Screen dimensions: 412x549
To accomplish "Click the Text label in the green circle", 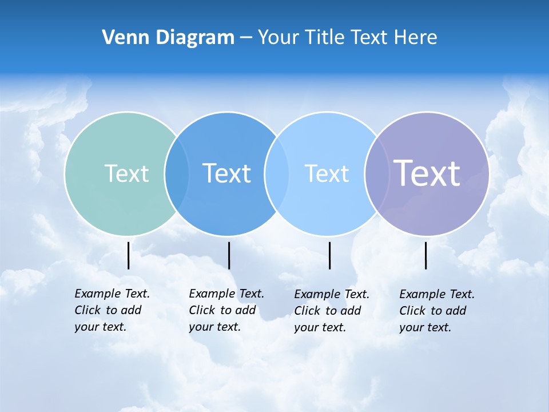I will pos(126,173).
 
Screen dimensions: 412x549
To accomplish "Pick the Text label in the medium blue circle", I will pos(226,173).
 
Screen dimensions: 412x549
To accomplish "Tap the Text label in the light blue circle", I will pos(327,173).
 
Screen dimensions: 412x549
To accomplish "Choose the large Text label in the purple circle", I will pos(427,173).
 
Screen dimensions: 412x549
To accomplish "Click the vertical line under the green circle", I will pos(128,255).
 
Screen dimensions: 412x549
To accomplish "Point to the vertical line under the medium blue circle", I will pos(229,255).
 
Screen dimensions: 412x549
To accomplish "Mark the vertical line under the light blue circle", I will pos(329,255).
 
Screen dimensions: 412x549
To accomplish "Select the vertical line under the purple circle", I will pos(425,255).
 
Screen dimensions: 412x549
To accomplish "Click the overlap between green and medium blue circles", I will pos(177,173).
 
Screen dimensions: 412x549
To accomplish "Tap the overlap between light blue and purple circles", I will pos(376,173).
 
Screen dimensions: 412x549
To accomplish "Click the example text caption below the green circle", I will pos(112,310).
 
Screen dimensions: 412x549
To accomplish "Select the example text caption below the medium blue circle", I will pos(226,310).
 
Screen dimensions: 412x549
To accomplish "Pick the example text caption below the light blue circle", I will pos(332,311).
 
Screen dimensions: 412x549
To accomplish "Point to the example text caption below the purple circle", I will pos(437,311).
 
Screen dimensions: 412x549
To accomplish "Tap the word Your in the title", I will pos(279,37).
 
